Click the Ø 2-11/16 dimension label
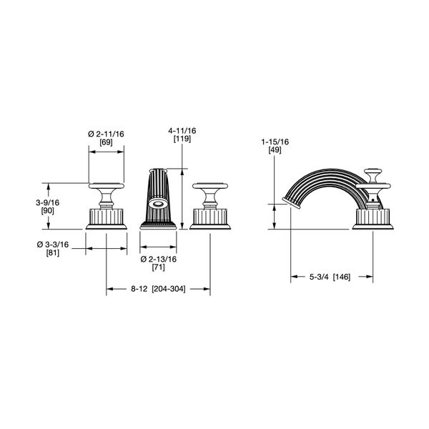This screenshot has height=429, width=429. click(x=106, y=134)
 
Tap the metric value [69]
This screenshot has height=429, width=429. click(x=106, y=142)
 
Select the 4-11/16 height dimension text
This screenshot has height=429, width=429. click(x=182, y=131)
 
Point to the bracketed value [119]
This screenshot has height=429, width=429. click(x=182, y=139)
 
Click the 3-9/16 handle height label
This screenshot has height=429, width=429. click(x=48, y=203)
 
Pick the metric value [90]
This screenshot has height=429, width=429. click(x=48, y=211)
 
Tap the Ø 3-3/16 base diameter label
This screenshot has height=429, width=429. click(x=53, y=245)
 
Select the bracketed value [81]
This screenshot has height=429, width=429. click(x=53, y=253)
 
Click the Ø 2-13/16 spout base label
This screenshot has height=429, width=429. click(x=159, y=259)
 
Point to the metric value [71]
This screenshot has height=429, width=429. click(x=159, y=267)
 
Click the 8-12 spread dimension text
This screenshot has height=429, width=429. click(x=139, y=289)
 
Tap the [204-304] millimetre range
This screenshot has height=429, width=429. click(x=169, y=289)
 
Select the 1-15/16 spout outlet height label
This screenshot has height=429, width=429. click(x=275, y=142)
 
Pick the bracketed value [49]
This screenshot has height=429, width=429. click(x=275, y=150)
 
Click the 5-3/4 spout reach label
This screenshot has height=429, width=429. click(x=319, y=277)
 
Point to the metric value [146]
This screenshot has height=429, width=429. click(x=342, y=277)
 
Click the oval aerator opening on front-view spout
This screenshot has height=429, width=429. click(x=158, y=204)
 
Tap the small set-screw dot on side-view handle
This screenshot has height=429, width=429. click(x=373, y=200)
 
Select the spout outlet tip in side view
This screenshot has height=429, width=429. click(x=291, y=203)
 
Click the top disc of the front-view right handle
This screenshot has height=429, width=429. click(x=210, y=186)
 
